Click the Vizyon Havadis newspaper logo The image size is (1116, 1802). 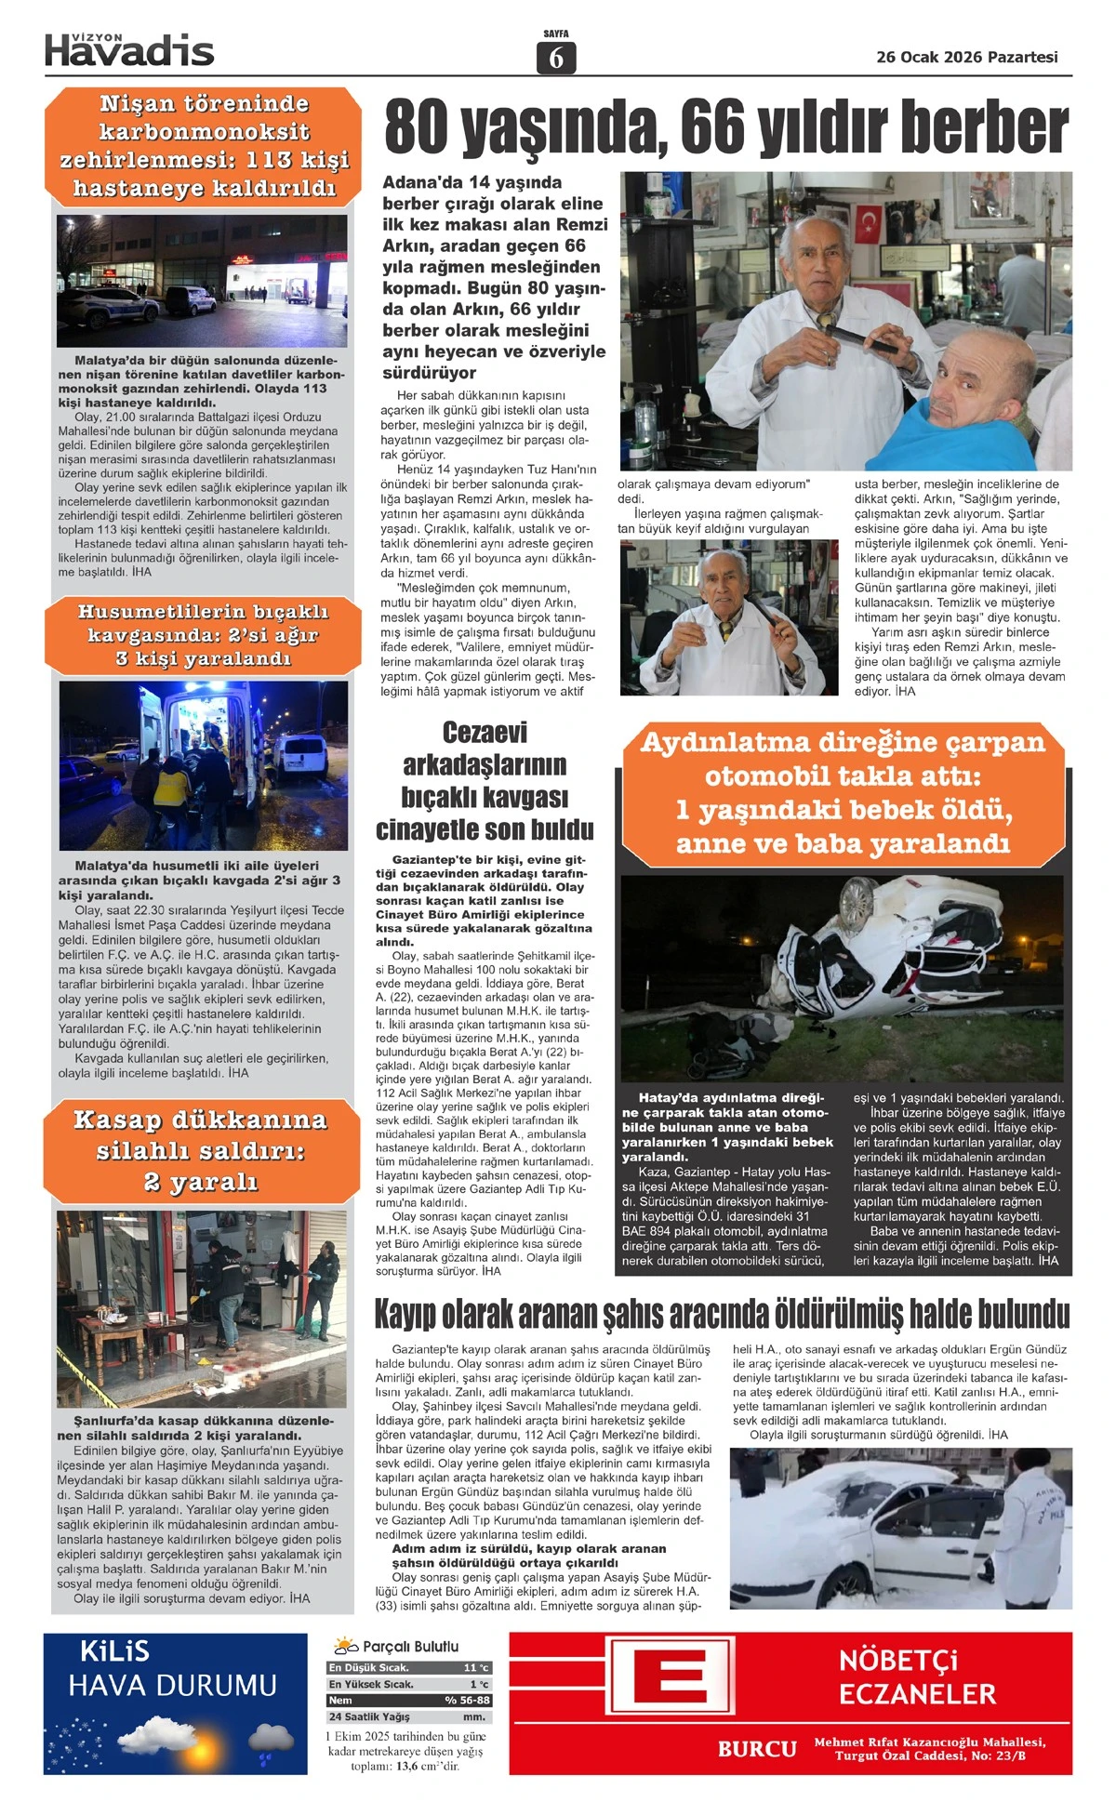[129, 49]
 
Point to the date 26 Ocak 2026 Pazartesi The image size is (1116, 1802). [967, 57]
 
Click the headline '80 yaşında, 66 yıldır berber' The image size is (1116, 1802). [726, 127]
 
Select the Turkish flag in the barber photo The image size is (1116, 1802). [870, 221]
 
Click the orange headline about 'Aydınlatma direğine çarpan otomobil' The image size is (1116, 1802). [843, 793]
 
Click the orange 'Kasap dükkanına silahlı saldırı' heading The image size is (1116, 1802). [201, 1150]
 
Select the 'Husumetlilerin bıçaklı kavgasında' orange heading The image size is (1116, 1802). [203, 635]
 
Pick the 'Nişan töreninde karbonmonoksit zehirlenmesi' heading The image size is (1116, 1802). [204, 146]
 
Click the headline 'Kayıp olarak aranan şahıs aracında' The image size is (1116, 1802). [722, 1314]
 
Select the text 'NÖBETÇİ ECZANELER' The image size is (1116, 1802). [917, 1676]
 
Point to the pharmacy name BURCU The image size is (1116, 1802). [757, 1748]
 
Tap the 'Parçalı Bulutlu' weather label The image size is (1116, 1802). [409, 1646]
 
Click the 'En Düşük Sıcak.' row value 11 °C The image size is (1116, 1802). [475, 1668]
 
